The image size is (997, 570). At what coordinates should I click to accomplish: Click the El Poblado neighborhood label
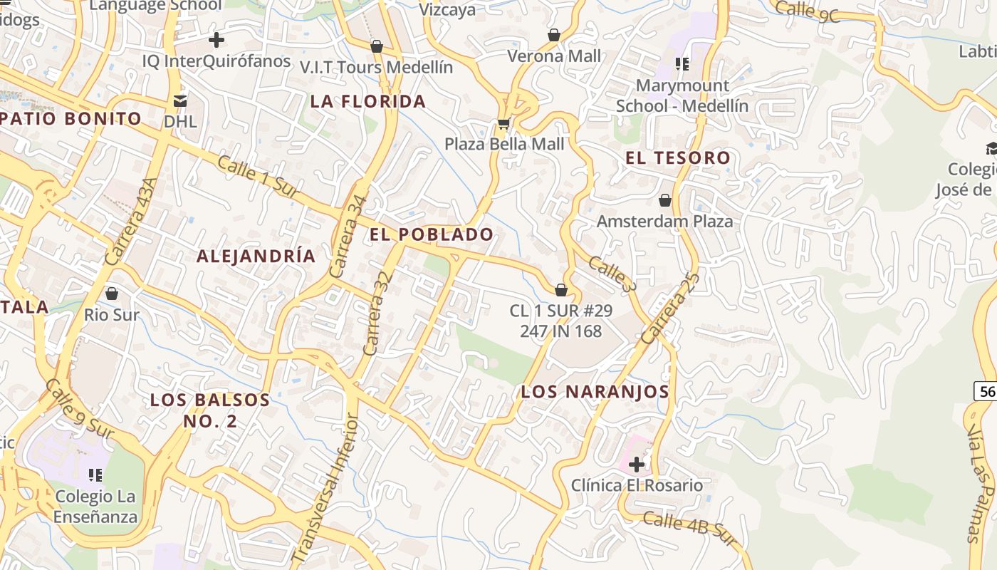point(432,234)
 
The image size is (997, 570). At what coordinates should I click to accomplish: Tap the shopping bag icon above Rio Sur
point(112,293)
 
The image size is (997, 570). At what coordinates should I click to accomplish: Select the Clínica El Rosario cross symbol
point(637,465)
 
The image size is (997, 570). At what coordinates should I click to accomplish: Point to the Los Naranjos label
point(595,391)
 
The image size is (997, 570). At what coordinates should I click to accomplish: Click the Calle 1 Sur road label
point(258,178)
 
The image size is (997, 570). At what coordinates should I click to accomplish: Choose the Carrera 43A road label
point(131,222)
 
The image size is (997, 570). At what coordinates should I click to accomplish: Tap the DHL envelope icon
point(180,101)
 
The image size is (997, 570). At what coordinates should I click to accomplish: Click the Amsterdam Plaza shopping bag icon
point(665,200)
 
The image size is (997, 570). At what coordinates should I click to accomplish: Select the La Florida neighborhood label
point(368,101)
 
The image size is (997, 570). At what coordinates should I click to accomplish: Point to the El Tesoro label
point(678,158)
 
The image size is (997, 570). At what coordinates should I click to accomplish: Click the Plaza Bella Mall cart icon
point(503,124)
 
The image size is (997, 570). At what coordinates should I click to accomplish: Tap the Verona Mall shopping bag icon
point(553,34)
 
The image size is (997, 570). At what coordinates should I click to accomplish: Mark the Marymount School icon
point(682,65)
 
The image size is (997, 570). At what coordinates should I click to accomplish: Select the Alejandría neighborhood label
point(256,256)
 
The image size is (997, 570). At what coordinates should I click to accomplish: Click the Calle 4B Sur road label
point(688,528)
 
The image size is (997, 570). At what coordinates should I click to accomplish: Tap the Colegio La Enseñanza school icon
point(95,475)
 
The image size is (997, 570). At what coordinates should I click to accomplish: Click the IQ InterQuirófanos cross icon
point(216,40)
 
